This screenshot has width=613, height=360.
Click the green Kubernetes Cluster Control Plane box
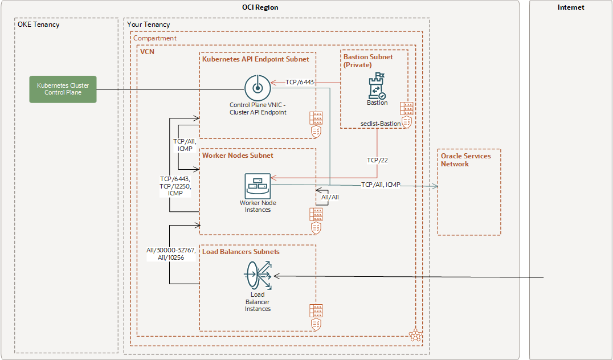[63, 89]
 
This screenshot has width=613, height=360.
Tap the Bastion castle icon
[377, 86]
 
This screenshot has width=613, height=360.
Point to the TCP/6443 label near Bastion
[300, 82]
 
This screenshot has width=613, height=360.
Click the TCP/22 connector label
[377, 160]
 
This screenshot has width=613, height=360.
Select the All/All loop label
[330, 197]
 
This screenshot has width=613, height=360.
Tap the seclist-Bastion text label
[380, 124]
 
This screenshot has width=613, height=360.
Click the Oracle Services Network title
[465, 159]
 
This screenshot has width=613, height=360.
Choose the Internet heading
[571, 7]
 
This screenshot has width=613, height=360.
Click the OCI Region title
[260, 7]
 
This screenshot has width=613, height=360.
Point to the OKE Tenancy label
[39, 24]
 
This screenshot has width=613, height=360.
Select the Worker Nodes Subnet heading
[238, 155]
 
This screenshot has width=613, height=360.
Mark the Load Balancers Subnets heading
[241, 251]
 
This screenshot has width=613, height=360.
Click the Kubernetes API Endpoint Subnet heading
[256, 59]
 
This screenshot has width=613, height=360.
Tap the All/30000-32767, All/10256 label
[170, 253]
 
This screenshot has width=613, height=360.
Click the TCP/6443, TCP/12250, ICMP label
[176, 186]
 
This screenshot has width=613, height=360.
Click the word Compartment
[155, 38]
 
